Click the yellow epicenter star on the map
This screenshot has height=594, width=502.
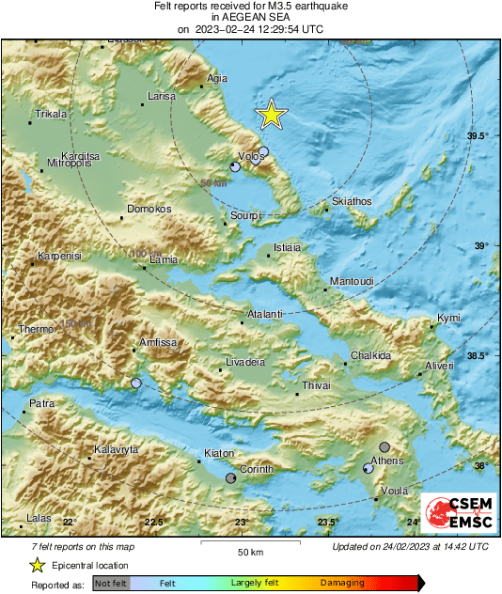click(x=271, y=115)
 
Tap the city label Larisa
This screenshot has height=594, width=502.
click(x=162, y=96)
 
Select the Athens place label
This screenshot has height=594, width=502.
click(x=387, y=461)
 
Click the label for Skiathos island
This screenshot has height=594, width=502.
click(x=353, y=201)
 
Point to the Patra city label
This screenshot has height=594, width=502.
click(x=42, y=403)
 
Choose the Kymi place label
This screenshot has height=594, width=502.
click(x=448, y=319)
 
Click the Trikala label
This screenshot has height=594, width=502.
click(x=51, y=114)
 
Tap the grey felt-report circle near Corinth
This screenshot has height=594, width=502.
click(x=231, y=478)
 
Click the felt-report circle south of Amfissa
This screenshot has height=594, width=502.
click(x=137, y=383)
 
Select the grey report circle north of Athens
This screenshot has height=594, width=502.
click(x=384, y=446)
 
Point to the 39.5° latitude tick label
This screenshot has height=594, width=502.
click(x=478, y=136)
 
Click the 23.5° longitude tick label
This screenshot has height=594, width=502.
click(x=326, y=522)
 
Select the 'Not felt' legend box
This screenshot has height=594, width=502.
click(x=110, y=584)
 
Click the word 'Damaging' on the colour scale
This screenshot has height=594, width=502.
click(x=342, y=584)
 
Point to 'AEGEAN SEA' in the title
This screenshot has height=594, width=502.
click(x=250, y=17)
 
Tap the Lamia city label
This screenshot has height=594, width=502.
click(x=164, y=258)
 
